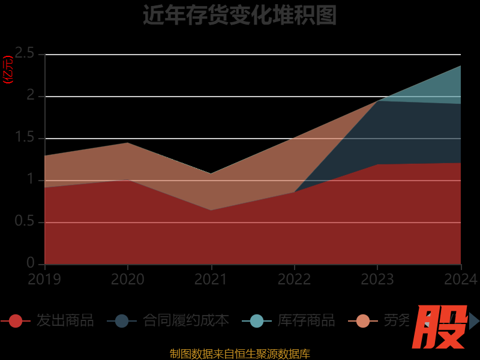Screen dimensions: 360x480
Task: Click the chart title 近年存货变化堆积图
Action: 239,15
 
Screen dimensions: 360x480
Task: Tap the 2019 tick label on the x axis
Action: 44,279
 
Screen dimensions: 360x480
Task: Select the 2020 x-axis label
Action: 128,279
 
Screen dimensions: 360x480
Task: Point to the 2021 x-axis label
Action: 211,279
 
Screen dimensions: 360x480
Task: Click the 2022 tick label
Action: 294,279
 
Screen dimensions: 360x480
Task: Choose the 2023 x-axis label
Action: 377,279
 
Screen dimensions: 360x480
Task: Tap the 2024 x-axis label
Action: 460,279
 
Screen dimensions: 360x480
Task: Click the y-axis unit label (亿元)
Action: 8,70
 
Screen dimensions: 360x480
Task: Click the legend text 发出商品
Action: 65,320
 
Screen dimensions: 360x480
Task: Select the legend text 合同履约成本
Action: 185,320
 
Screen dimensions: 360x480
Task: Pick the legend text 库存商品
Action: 306,320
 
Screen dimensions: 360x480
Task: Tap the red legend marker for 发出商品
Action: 16,321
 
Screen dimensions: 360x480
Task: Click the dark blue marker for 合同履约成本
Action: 122,321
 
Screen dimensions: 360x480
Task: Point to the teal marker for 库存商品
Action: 257,321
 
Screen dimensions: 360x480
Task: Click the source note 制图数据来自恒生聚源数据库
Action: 239,354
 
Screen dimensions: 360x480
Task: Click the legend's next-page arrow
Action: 474,321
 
